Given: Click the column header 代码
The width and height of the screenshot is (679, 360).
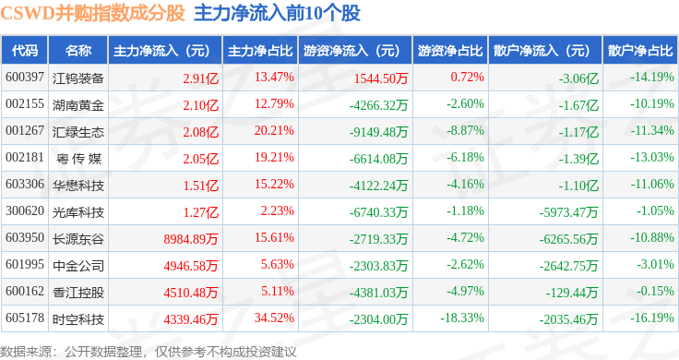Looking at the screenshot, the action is [x=25, y=51].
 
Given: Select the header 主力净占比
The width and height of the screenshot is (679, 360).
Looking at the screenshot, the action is [x=260, y=51].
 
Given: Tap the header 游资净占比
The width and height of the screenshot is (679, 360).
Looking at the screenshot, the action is [x=450, y=51].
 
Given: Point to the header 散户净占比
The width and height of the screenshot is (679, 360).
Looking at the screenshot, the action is [x=640, y=51].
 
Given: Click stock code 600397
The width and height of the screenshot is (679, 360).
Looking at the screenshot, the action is [x=25, y=78].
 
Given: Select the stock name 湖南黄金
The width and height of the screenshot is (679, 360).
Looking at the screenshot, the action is [x=78, y=105].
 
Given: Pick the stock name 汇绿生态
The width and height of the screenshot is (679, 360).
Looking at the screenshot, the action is [x=78, y=132].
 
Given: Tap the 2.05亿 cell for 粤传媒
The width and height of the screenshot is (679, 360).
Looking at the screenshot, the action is [x=200, y=159].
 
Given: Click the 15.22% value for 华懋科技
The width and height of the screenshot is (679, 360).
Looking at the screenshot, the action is [x=274, y=184].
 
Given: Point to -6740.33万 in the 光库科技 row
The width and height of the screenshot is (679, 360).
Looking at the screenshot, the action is [x=378, y=212].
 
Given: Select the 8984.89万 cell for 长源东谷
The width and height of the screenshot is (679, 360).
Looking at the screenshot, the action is [x=191, y=239].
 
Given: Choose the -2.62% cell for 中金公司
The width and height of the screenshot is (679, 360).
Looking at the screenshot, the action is [x=465, y=264].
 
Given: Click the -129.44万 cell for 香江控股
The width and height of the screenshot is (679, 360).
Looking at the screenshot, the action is [x=572, y=293].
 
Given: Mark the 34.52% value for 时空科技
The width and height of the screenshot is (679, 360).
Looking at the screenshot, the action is [x=274, y=318].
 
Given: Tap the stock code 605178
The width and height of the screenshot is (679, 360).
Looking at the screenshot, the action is [x=25, y=318].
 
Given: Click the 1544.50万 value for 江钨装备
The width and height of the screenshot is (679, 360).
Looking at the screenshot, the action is [x=381, y=78].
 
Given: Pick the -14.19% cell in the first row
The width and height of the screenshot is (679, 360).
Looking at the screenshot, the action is [x=651, y=78].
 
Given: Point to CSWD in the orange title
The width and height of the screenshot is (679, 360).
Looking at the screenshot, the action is [x=28, y=13].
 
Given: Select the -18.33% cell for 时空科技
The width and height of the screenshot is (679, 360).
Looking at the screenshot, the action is [x=462, y=318].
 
